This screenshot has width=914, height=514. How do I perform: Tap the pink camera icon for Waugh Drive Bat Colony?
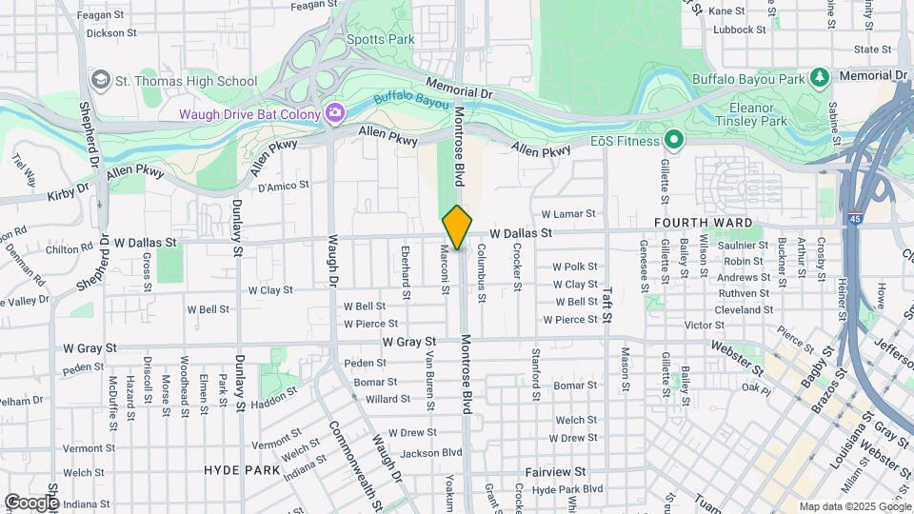[334, 114]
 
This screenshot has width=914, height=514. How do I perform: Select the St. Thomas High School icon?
[101, 81]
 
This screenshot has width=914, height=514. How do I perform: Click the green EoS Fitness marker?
[674, 141]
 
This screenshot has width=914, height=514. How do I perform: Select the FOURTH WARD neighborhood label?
[704, 223]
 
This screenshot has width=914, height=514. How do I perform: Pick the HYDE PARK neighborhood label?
[242, 470]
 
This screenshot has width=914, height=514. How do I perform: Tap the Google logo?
[30, 502]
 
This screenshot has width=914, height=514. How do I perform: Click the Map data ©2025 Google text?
[853, 506]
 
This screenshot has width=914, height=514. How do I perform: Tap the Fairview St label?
[555, 472]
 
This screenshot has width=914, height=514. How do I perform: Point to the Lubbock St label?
[740, 30]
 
